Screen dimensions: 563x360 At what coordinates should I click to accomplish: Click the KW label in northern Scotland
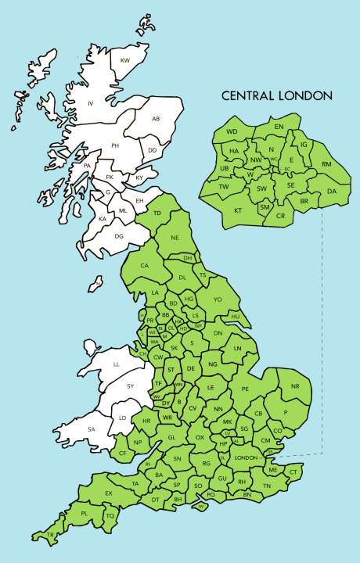click(124, 60)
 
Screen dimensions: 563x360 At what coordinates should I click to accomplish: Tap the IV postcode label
click(91, 103)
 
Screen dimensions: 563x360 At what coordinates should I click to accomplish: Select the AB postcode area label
click(156, 119)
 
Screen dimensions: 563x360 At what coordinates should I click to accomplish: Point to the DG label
click(119, 235)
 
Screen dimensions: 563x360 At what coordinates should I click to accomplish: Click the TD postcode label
click(157, 213)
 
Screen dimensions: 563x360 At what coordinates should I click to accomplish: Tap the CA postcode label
click(144, 265)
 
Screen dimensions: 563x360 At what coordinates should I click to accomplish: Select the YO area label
click(218, 299)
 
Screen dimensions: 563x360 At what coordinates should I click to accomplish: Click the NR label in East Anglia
click(295, 387)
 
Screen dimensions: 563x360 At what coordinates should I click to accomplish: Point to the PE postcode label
click(245, 389)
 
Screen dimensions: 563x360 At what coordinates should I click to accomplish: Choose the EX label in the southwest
click(109, 493)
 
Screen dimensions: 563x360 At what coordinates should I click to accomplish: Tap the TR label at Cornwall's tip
click(51, 535)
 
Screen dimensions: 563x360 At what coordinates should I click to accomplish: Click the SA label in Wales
click(92, 429)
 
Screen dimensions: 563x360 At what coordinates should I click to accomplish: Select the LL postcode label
click(117, 364)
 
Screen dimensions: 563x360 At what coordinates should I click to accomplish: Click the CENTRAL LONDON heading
click(277, 96)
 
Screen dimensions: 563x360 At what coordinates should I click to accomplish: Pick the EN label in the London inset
click(279, 126)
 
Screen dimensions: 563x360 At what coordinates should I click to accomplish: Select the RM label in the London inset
click(326, 164)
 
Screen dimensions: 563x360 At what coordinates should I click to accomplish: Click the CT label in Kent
click(293, 472)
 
